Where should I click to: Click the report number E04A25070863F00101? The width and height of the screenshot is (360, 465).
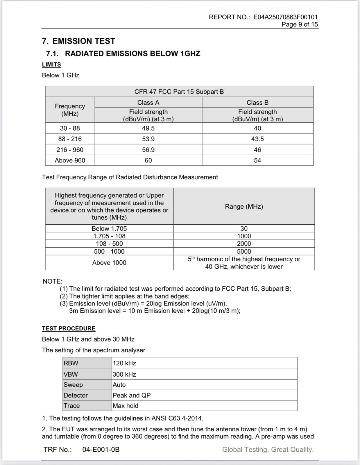[285, 17]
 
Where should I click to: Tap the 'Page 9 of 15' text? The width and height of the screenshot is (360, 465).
[300, 24]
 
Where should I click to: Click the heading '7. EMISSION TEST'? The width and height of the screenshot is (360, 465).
[78, 41]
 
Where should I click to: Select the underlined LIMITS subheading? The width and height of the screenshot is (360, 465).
[51, 65]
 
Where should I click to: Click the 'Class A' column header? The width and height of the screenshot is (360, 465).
[148, 103]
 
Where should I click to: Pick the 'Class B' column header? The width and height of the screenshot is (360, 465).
[257, 103]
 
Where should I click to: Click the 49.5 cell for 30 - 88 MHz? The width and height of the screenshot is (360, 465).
[148, 128]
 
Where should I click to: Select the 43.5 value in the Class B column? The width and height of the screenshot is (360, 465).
[257, 139]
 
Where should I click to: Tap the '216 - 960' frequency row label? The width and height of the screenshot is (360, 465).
[70, 150]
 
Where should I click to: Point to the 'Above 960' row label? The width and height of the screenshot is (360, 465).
[70, 160]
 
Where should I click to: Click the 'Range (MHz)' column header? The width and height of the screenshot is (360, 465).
[244, 206]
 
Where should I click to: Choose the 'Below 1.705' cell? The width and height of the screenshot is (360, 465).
[109, 228]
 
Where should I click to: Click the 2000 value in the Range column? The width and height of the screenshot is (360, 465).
[244, 244]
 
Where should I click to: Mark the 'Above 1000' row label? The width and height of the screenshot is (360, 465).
[109, 263]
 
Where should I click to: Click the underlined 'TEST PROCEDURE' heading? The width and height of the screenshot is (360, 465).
[69, 328]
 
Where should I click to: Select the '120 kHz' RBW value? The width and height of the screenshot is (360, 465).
[124, 363]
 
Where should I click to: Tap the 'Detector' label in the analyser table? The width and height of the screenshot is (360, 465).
[76, 395]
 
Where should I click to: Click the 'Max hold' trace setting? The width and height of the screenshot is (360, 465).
[126, 406]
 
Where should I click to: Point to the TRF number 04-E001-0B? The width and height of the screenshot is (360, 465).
[101, 450]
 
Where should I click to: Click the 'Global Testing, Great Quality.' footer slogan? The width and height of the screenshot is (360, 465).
[268, 450]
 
